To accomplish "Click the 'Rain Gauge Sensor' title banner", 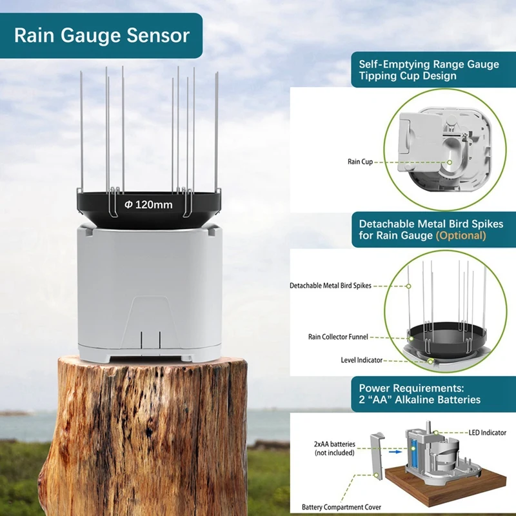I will pos(102,35).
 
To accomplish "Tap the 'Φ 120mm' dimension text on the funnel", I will pos(148,204).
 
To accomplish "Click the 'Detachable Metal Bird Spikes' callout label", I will pos(330,285).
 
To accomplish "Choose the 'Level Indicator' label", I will pos(361,359).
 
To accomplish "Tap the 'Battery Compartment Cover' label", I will pos(341,507).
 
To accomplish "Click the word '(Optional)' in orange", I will pos(461,235).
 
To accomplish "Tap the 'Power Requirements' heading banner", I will pos(419,393).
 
